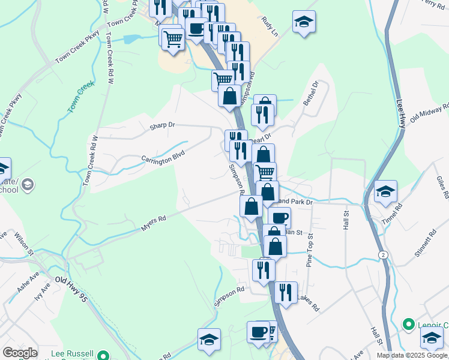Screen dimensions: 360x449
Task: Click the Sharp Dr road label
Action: pos(162,125)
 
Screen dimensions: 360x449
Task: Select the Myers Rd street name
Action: pos(153,224)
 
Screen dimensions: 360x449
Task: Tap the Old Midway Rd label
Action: pos(429,113)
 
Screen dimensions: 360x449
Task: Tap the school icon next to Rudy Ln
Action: pos(304,23)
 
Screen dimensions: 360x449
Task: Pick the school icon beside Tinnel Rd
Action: pos(385,191)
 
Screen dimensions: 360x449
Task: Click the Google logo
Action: pos(20,353)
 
